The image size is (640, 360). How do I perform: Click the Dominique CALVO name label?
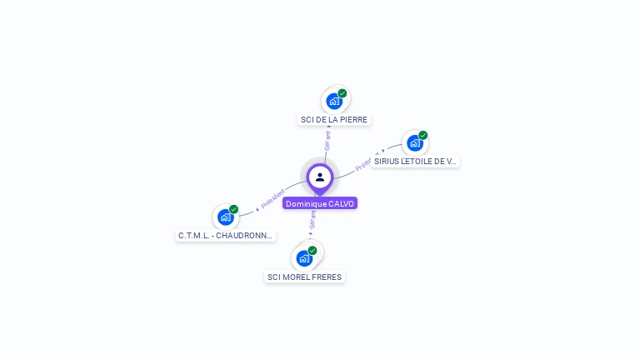click(x=320, y=203)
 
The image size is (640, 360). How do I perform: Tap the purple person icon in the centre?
click(x=320, y=177)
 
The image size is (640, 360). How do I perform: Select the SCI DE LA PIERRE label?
click(x=333, y=120)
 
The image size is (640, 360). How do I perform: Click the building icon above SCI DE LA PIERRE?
click(x=333, y=102)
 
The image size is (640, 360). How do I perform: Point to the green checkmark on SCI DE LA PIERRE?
click(x=342, y=93)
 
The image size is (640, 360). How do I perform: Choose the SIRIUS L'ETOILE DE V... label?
click(x=415, y=162)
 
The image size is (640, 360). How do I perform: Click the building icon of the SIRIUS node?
click(x=414, y=142)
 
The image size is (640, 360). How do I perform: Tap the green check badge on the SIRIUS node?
click(x=423, y=135)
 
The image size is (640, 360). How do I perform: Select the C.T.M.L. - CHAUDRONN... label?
click(x=226, y=236)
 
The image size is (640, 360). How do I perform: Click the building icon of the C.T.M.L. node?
click(x=225, y=217)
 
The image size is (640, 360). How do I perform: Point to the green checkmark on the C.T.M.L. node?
click(x=234, y=209)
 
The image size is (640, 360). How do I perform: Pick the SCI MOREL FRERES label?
click(x=304, y=277)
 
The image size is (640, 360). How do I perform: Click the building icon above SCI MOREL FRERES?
click(x=304, y=258)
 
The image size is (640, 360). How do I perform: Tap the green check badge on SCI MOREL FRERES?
click(x=312, y=250)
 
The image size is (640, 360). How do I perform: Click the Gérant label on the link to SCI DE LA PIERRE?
click(x=327, y=140)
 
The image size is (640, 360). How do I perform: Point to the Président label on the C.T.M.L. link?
click(x=272, y=197)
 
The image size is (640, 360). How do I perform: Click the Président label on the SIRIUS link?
click(x=366, y=162)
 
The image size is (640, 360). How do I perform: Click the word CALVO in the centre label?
click(x=342, y=203)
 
